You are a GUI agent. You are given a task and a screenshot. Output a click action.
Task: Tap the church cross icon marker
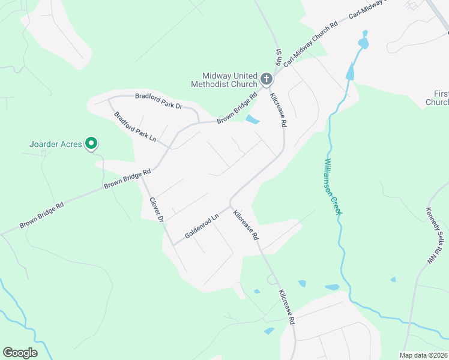[267, 78]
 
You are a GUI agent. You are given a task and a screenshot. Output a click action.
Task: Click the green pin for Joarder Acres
[91, 143]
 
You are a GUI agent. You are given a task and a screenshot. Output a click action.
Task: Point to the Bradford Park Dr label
[158, 100]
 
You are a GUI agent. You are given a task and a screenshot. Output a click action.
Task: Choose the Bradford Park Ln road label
[135, 126]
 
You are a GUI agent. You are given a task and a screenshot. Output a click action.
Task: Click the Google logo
[20, 353]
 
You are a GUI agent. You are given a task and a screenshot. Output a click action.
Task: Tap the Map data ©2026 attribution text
[423, 355]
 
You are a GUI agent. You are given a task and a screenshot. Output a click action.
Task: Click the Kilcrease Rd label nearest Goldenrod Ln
[246, 225]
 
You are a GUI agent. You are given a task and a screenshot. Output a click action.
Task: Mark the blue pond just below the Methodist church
[253, 119]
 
